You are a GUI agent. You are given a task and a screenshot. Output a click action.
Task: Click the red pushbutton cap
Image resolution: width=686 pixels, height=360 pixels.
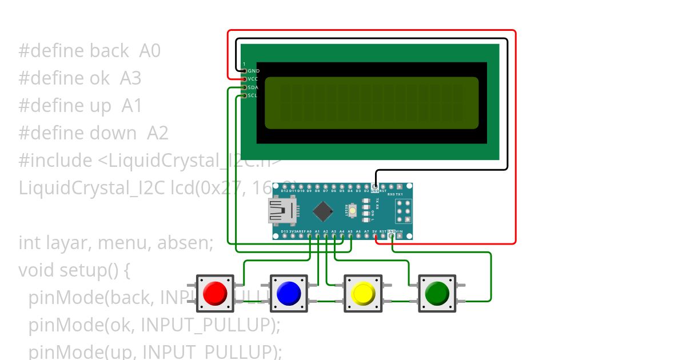[x=215, y=293]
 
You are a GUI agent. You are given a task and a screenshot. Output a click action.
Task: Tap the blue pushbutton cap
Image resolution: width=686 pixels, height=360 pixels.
[x=289, y=293]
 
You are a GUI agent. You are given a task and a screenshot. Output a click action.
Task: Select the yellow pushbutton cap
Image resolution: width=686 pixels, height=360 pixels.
[x=362, y=293]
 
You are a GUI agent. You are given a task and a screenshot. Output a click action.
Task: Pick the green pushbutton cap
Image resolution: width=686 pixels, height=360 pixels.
[x=437, y=293]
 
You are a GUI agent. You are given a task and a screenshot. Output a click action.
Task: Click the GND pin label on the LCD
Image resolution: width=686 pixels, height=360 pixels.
[x=253, y=71]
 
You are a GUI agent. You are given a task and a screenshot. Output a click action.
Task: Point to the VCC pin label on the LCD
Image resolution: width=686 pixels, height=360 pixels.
[x=253, y=79]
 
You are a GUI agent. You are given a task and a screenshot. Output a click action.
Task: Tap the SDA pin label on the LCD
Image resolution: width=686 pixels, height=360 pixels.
[x=253, y=87]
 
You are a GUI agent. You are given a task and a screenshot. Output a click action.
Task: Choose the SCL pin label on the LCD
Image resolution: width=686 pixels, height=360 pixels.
[x=253, y=95]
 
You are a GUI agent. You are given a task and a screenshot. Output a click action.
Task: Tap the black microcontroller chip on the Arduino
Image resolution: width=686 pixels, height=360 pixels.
[x=323, y=211]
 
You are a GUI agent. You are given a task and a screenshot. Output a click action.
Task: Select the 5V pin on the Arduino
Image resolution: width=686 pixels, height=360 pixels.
[x=374, y=236]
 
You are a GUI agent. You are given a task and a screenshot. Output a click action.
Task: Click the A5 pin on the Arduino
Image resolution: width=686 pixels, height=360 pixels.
[x=350, y=236]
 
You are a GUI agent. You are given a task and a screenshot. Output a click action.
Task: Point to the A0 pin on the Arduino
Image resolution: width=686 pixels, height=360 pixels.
[x=309, y=236]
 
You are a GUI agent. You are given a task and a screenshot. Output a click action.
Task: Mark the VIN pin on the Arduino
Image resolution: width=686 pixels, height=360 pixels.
[x=399, y=236]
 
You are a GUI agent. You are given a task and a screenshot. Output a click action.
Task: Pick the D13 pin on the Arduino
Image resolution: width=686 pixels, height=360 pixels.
[x=285, y=236]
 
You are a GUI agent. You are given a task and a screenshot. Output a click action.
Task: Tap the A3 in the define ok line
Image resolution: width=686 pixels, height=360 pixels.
[x=130, y=78]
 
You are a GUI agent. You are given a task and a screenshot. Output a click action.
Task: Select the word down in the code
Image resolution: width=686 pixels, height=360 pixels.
[x=112, y=133]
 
